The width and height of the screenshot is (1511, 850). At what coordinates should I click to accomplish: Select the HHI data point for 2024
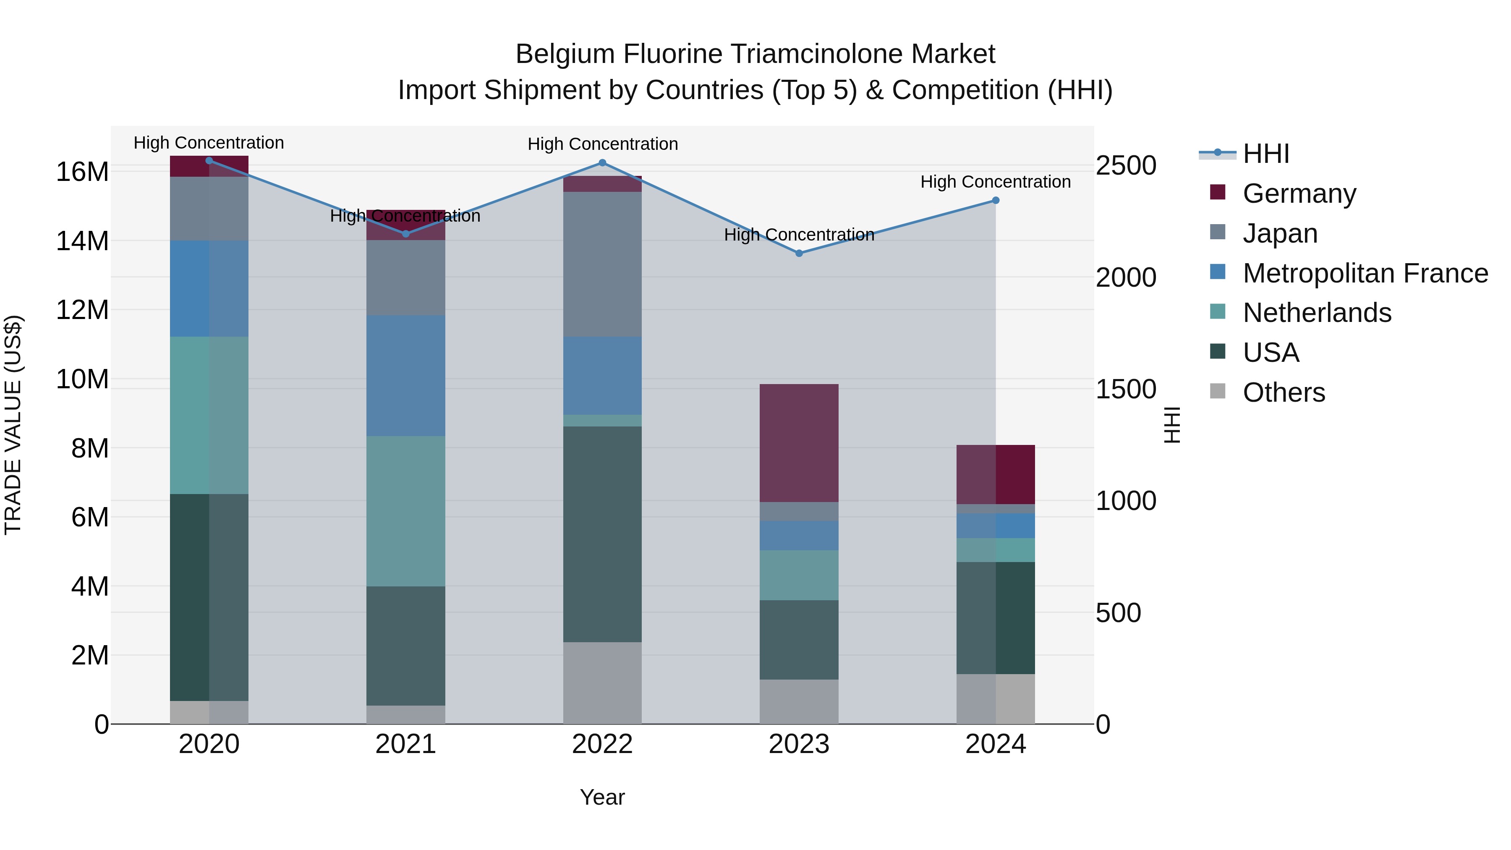(996, 201)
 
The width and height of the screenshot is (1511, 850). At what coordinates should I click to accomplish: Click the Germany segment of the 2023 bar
(799, 443)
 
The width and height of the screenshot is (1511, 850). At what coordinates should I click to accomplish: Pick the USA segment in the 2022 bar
(602, 534)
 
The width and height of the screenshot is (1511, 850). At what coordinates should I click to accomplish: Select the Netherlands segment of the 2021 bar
(406, 511)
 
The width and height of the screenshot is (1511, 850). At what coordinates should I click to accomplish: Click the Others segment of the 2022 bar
(602, 683)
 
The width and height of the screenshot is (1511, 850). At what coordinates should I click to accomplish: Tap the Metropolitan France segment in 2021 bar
(406, 375)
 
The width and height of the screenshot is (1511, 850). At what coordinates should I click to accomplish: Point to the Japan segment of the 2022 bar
(602, 264)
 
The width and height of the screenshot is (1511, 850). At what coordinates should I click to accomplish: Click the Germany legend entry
(1299, 194)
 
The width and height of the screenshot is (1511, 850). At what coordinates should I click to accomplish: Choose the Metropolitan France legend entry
(1365, 273)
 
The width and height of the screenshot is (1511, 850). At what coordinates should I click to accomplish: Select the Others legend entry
(1284, 392)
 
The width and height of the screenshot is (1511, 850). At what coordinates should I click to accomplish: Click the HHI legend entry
(1266, 154)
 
